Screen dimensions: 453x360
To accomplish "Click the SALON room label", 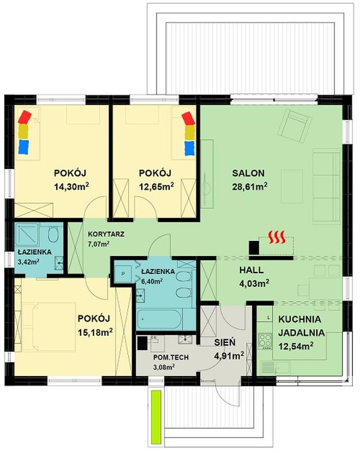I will (x=248, y=173).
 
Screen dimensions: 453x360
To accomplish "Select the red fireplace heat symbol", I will (x=278, y=238).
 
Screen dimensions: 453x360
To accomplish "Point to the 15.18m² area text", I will (x=95, y=331).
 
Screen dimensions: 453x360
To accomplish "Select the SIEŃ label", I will (x=224, y=343).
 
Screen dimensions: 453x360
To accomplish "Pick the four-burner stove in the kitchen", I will (x=265, y=340).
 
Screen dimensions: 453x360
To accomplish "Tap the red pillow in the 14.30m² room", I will (x=25, y=117).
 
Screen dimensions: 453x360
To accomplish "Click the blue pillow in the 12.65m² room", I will (x=189, y=148).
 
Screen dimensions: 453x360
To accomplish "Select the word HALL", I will (x=251, y=270).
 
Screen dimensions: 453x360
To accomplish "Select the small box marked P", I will (x=123, y=273).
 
